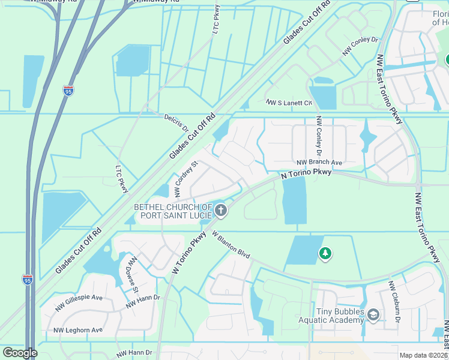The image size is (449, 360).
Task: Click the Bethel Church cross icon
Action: pyautogui.click(x=221, y=210)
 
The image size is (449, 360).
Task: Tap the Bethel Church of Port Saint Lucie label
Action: pyautogui.click(x=174, y=211)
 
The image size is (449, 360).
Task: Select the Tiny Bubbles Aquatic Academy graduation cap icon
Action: pyautogui.click(x=373, y=315)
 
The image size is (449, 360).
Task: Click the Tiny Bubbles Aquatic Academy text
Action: pyautogui.click(x=331, y=316)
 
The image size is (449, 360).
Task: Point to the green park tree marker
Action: pyautogui.click(x=325, y=253)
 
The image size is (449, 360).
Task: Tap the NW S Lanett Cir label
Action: pyautogui.click(x=289, y=103)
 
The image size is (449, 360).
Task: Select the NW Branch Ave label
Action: pyautogui.click(x=319, y=163)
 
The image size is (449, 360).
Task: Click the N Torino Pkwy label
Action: pyautogui.click(x=306, y=173)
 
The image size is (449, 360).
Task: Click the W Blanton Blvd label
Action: pyautogui.click(x=231, y=246)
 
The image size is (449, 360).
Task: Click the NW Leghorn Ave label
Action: pyautogui.click(x=78, y=330)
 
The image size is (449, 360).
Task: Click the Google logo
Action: pyautogui.click(x=20, y=353)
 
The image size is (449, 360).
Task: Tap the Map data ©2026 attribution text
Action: pyautogui.click(x=423, y=355)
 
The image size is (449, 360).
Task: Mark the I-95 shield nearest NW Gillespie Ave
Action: pyautogui.click(x=27, y=280)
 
